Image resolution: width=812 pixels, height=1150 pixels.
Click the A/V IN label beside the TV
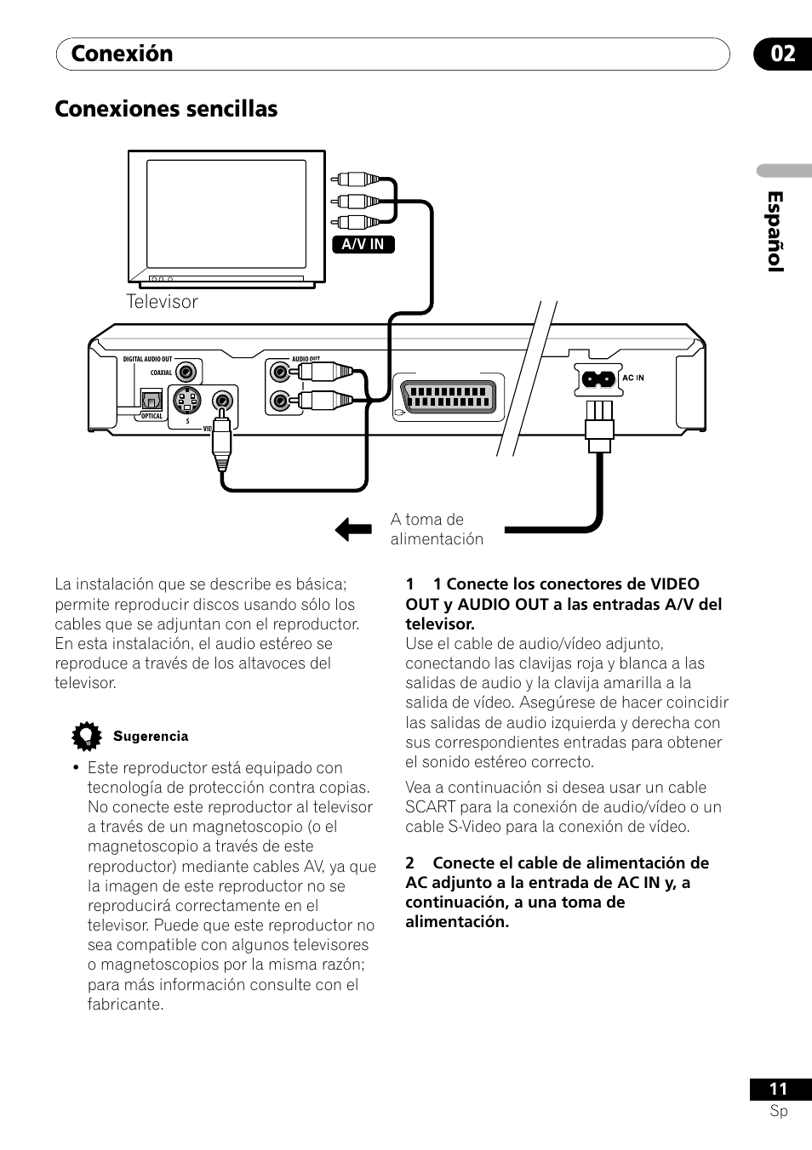coord(363,245)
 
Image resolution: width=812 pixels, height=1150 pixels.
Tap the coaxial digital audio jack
coord(186,372)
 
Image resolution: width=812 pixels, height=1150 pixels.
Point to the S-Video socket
coord(187,401)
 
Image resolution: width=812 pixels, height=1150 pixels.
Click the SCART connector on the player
coord(449,398)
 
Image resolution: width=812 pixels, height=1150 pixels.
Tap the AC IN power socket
coord(598,379)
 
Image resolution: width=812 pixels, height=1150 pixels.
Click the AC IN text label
coord(633,378)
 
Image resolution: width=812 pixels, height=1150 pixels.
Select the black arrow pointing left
coord(353,529)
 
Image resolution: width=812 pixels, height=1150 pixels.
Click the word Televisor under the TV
coord(162,302)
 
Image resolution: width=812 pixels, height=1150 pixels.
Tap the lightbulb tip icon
coord(87,736)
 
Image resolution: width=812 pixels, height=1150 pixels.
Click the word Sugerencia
coord(151,737)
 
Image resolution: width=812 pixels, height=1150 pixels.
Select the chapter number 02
coord(783,54)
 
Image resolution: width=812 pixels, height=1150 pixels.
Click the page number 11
coord(778,1090)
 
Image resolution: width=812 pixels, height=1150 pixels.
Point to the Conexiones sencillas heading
coord(166,109)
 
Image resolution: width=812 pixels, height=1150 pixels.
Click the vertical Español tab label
coord(775,231)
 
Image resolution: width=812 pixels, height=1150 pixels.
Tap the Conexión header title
coord(122,54)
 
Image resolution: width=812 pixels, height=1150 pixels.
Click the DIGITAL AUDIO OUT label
coord(147,359)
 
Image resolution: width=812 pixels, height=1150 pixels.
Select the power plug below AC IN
coord(599,428)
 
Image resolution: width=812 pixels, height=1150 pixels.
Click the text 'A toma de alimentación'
coord(437,529)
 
